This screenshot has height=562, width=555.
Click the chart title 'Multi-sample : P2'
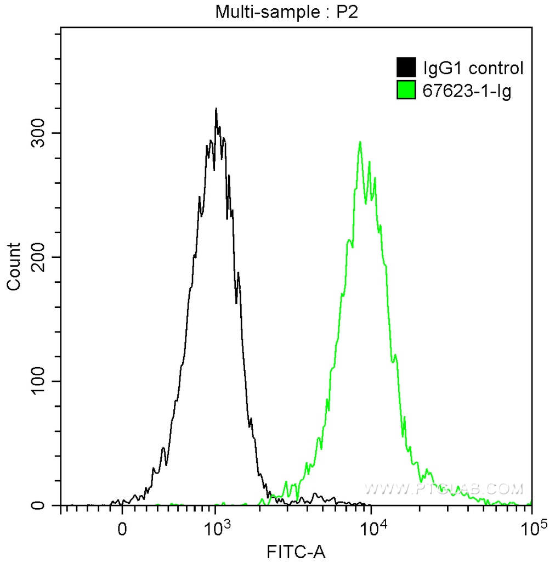[x=286, y=12]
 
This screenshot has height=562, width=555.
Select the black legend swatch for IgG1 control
[x=406, y=68]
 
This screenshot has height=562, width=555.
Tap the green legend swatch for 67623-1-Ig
[x=406, y=91]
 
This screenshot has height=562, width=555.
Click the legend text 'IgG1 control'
[x=473, y=68]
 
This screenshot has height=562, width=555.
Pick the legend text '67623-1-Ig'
[x=467, y=91]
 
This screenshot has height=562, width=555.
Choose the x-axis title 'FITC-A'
[x=296, y=551]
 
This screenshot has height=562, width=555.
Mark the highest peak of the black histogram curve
[x=216, y=109]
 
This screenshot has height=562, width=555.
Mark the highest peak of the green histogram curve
[x=360, y=142]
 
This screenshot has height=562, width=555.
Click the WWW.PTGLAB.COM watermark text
[x=444, y=488]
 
